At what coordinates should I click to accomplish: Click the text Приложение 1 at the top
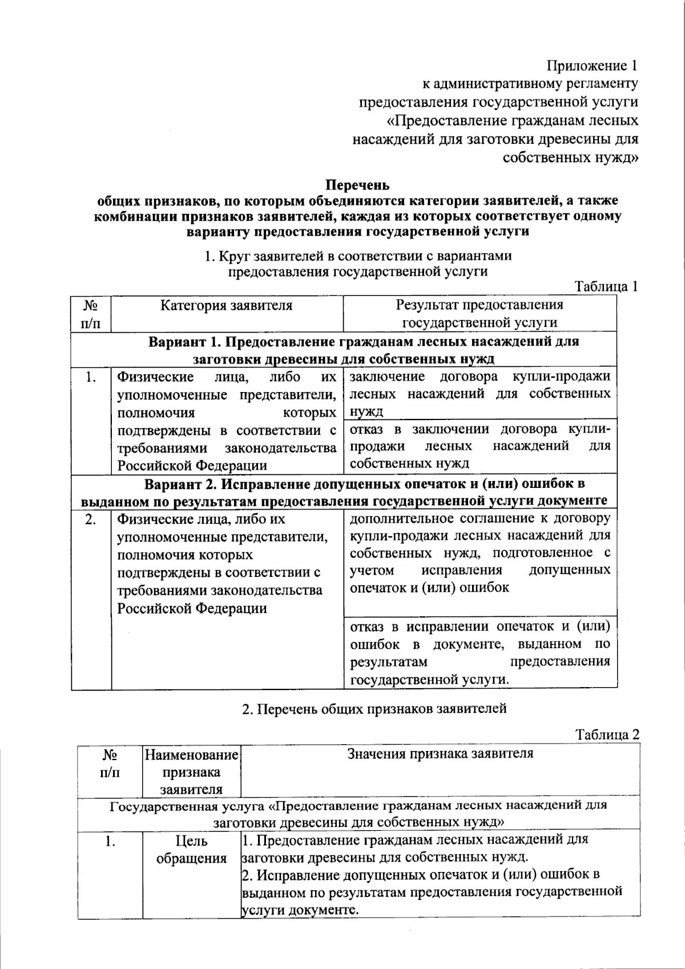[x=591, y=65]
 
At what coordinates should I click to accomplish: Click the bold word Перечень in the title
[x=357, y=185]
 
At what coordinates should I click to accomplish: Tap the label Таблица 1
[x=606, y=286]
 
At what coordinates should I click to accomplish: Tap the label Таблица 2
[x=607, y=734]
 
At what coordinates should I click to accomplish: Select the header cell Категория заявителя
[x=226, y=306]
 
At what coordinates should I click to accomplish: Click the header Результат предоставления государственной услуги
[x=479, y=314]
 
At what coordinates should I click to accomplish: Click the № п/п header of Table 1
[x=91, y=314]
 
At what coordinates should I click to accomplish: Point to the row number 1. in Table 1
[x=91, y=377]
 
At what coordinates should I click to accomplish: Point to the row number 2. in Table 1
[x=91, y=519]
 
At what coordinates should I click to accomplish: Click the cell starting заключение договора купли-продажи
[x=479, y=394]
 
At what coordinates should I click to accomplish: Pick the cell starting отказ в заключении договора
[x=479, y=446]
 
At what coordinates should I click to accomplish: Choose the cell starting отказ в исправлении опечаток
[x=479, y=653]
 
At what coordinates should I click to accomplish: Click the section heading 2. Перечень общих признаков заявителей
[x=374, y=709]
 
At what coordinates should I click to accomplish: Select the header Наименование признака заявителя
[x=191, y=772]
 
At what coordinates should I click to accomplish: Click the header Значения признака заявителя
[x=440, y=754]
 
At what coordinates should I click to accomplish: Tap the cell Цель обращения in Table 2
[x=191, y=849]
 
